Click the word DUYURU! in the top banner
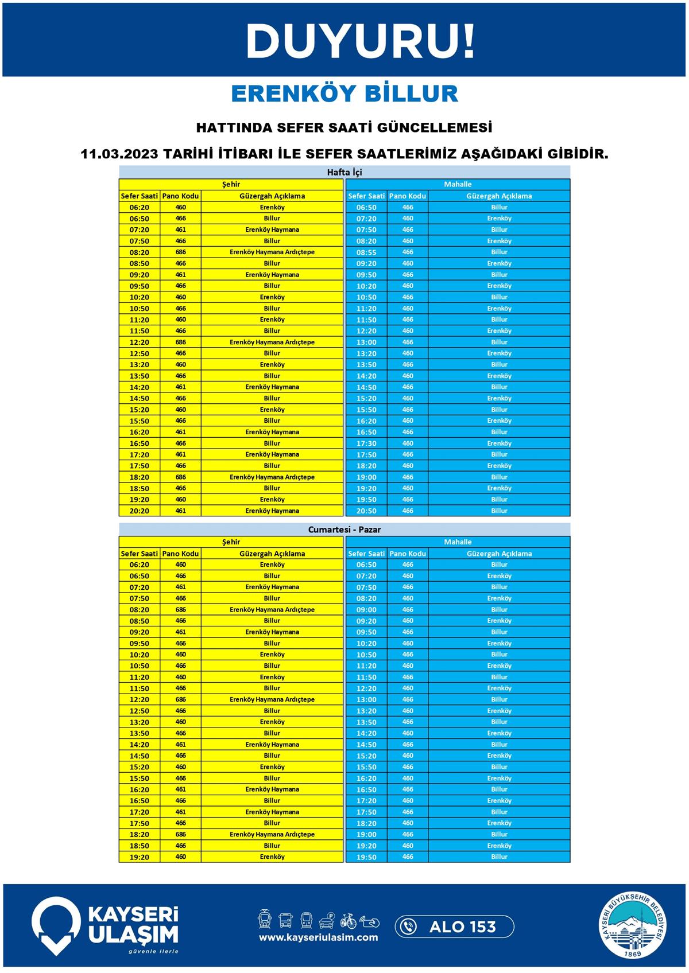361,41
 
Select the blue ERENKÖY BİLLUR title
344,94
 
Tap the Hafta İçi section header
344,172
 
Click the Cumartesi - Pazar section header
344,530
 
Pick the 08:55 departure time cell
366,252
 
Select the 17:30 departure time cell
366,443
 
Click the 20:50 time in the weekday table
366,511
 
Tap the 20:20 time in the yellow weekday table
140,511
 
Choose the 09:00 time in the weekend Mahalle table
366,610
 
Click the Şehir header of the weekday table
231,184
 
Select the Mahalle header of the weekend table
458,542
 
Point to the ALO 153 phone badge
454,927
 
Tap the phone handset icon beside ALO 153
408,927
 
